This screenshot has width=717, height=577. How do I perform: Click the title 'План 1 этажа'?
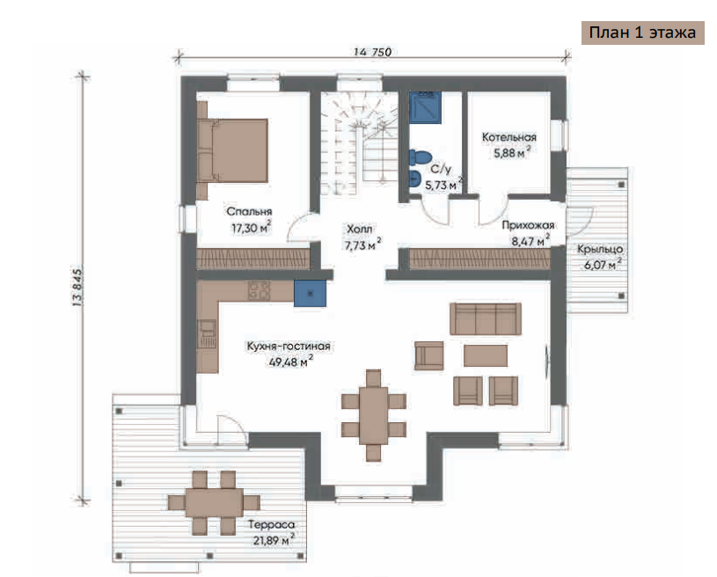tap(642, 33)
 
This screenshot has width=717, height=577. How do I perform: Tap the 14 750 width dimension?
tap(373, 52)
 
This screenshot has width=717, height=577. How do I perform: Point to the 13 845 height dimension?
tap(77, 287)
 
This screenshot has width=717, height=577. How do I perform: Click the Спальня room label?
tap(249, 212)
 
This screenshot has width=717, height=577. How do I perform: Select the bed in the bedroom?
tap(233, 150)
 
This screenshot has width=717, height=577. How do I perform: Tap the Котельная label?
tap(509, 137)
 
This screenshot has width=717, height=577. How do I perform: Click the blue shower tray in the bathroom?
tap(425, 107)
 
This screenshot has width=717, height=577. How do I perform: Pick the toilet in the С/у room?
tap(421, 157)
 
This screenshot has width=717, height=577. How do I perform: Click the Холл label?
tap(360, 229)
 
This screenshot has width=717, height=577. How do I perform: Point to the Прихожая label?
tap(528, 225)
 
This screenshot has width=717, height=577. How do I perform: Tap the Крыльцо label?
tap(600, 249)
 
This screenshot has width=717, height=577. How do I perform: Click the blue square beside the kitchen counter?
tap(310, 293)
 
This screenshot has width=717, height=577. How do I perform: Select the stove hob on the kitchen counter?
tap(260, 291)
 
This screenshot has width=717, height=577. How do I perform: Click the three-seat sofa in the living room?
tap(486, 318)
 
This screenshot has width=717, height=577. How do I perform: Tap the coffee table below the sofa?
tap(486, 355)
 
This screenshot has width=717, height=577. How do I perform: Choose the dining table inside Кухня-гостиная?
tap(374, 416)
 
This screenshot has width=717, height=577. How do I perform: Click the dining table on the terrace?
tap(214, 503)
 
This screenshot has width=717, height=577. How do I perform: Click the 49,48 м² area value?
tap(291, 362)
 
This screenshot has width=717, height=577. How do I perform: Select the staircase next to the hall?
tap(360, 143)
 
